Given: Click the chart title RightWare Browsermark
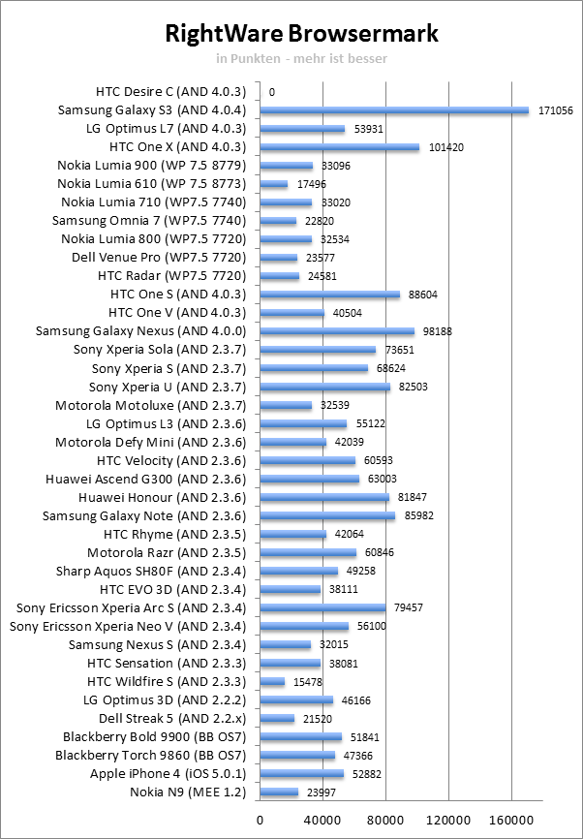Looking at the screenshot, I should (x=301, y=34).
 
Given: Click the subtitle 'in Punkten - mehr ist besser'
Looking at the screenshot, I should (x=301, y=59).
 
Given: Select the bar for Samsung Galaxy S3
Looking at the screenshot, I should (x=394, y=110).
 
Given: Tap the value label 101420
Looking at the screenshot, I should (x=444, y=147).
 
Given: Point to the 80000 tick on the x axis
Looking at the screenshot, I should (x=385, y=820).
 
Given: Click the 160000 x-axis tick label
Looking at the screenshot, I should (x=512, y=820).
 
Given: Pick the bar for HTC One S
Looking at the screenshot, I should (x=329, y=295).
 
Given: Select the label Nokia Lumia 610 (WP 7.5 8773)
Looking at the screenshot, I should (x=152, y=184).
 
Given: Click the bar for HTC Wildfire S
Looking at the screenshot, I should (x=272, y=681).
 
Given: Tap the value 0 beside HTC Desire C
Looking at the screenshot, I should (x=272, y=92).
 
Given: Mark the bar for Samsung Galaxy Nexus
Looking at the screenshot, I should (x=337, y=331).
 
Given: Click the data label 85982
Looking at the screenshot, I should (x=419, y=515).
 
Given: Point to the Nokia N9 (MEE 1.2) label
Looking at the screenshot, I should (x=189, y=792).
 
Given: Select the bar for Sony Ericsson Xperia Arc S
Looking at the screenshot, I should (x=322, y=607).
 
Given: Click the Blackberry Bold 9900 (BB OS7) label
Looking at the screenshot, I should (x=152, y=736).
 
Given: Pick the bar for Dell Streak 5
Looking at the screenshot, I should (x=277, y=718).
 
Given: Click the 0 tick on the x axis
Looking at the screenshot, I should (x=260, y=820).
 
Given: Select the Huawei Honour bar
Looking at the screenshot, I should (x=324, y=497).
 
